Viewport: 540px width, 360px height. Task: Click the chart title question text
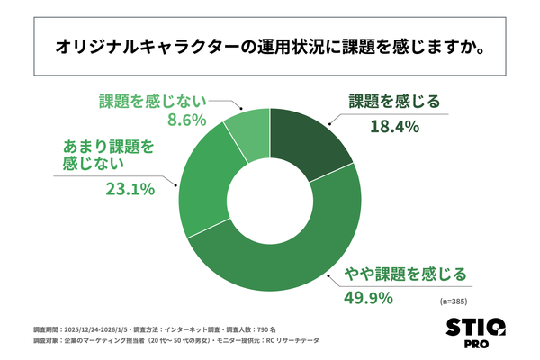coord(270,45)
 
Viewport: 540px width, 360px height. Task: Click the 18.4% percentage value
coord(395,127)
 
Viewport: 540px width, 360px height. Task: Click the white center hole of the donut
coord(270,198)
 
